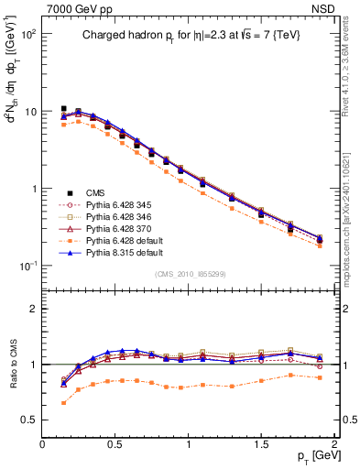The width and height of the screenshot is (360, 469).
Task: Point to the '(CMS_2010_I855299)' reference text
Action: (x=189, y=275)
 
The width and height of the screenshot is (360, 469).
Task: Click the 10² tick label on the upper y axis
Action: (x=27, y=34)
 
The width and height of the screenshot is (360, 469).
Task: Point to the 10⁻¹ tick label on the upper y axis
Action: (x=27, y=267)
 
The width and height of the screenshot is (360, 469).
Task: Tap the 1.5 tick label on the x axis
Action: (x=262, y=442)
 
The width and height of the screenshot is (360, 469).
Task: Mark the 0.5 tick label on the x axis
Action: (x=115, y=442)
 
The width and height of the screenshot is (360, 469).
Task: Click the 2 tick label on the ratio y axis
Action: (x=31, y=309)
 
